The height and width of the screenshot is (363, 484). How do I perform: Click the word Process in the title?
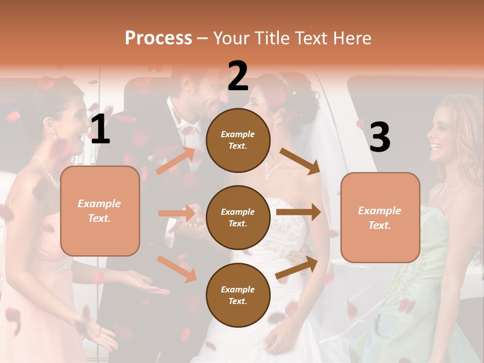point(158,38)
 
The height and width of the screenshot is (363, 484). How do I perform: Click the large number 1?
point(100,130)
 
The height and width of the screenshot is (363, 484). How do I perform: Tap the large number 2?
point(238,76)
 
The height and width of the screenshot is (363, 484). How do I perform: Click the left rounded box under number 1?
point(100,211)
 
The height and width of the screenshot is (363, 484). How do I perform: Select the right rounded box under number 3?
point(380,217)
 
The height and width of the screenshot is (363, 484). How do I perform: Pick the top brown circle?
point(238,140)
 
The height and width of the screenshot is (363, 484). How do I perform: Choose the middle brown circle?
point(238,217)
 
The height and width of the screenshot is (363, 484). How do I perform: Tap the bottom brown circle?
point(238,295)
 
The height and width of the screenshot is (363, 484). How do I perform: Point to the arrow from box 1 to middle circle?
point(176,213)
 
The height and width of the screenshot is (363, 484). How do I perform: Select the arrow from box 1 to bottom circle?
point(176,268)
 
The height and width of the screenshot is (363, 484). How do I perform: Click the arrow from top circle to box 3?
point(299,161)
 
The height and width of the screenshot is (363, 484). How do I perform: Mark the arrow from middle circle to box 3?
point(298,212)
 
